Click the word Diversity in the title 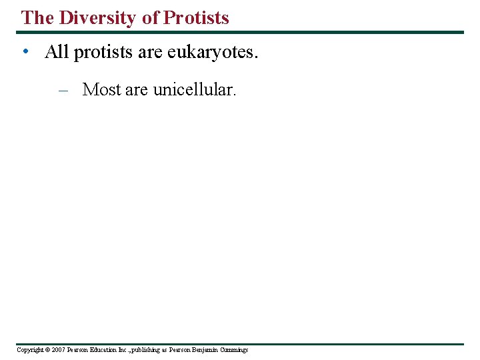click(x=97, y=18)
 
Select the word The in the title click(x=37, y=18)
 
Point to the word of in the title click(x=151, y=18)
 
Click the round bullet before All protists click(x=25, y=52)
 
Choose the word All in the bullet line click(x=57, y=52)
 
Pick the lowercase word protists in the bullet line click(x=103, y=52)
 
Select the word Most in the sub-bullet click(x=101, y=89)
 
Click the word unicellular click(x=194, y=89)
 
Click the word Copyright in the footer click(x=31, y=350)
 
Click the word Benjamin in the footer click(x=205, y=350)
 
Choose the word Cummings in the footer click(x=234, y=350)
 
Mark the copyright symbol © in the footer click(x=49, y=350)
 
